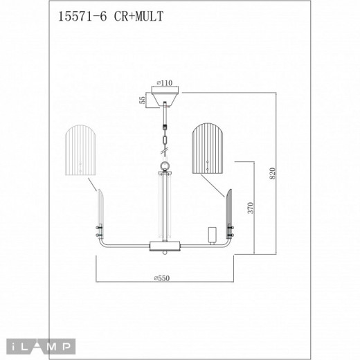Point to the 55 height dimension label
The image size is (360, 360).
143,100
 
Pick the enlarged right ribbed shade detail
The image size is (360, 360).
210,150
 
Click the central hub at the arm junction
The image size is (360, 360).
165,245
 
